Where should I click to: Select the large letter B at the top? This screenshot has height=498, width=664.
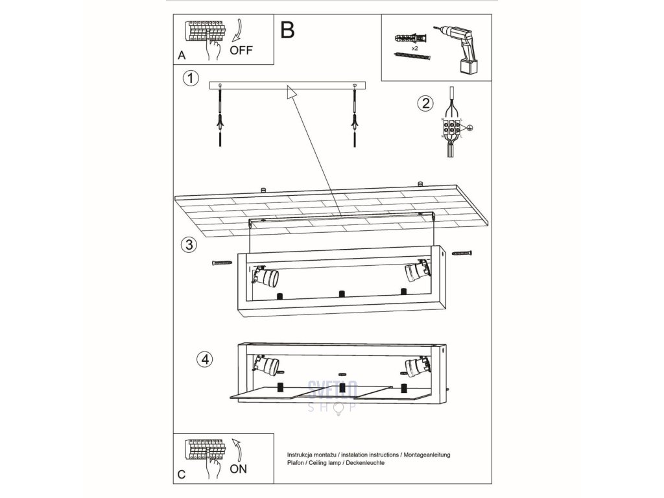(287, 30)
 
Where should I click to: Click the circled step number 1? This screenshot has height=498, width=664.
(189, 78)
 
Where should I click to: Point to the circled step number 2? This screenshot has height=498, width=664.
(425, 103)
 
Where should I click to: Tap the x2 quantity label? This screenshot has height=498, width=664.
(415, 49)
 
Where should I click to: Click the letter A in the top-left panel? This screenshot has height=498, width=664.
(182, 56)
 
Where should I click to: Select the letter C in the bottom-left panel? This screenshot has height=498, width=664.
(182, 474)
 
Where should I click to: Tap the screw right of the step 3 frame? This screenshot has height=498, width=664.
(464, 252)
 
